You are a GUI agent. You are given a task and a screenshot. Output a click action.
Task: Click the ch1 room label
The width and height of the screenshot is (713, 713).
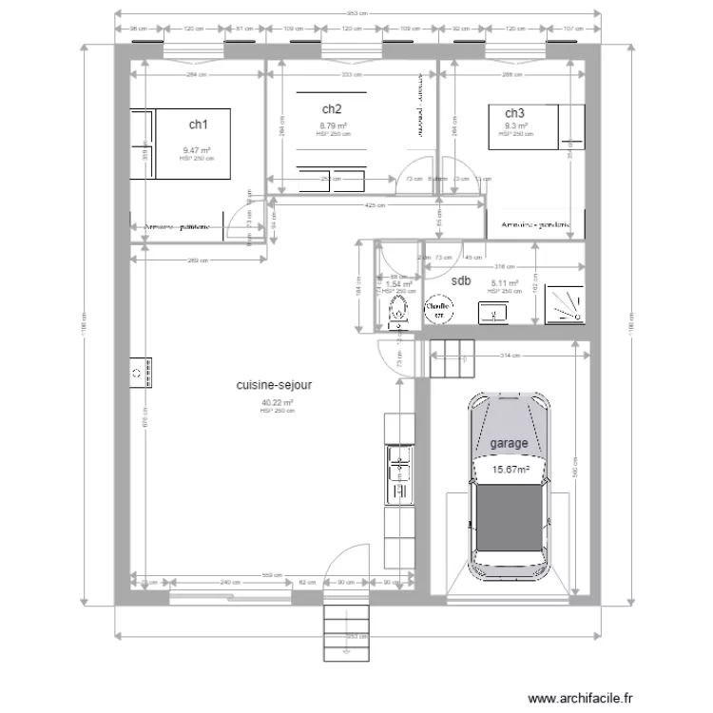tap(197, 125)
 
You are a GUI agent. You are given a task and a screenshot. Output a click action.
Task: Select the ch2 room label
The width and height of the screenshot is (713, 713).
tap(332, 109)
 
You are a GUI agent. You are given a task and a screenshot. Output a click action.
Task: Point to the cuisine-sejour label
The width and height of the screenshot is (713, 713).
tap(276, 386)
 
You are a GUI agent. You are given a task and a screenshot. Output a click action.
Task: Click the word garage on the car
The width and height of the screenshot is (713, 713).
tap(509, 444)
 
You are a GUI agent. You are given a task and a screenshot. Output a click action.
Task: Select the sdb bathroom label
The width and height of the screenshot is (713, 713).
tap(460, 280)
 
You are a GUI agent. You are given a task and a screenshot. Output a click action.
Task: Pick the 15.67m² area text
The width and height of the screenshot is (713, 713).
tap(509, 469)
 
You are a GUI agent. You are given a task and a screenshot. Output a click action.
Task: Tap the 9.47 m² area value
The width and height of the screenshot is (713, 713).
tap(197, 150)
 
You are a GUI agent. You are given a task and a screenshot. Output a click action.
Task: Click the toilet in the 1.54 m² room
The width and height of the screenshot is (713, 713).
tap(398, 310)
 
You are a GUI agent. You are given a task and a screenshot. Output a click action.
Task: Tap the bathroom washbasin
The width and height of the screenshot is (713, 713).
tap(492, 311)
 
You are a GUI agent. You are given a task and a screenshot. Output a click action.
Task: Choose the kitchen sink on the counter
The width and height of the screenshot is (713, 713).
tap(396, 475)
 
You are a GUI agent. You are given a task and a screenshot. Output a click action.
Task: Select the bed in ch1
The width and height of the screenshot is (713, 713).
tap(181, 143)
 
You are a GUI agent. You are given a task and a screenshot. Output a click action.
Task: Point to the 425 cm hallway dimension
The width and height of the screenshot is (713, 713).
tap(374, 206)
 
